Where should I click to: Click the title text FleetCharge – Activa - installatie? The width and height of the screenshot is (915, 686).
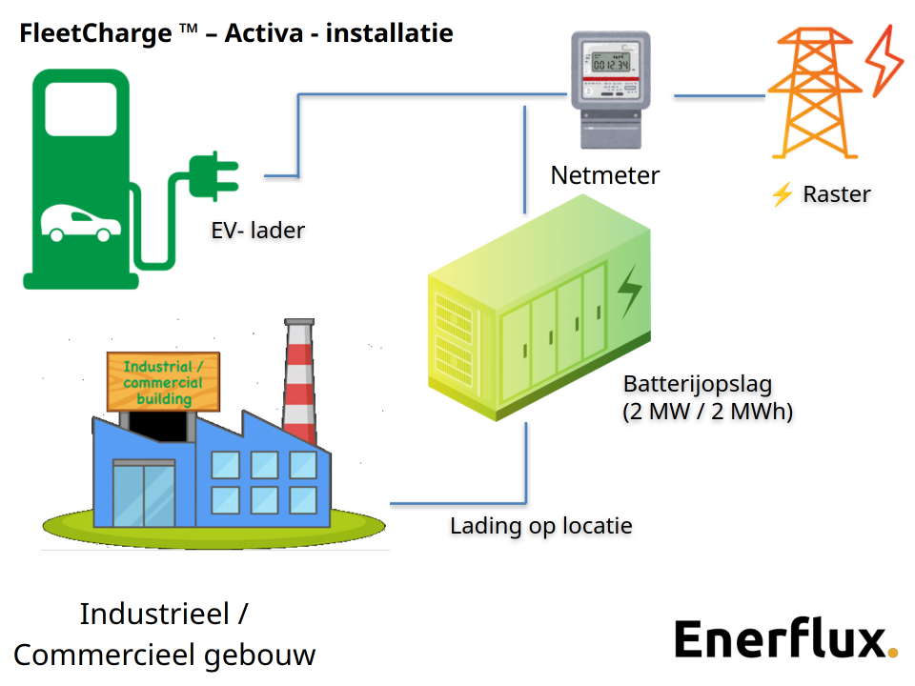point(236,34)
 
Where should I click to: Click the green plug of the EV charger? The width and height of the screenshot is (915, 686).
point(212,176)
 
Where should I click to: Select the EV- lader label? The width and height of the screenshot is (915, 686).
point(258,231)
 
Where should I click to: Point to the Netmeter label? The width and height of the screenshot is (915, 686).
point(605,175)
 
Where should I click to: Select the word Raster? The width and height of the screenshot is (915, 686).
point(837,194)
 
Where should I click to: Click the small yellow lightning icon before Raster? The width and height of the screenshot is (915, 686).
point(783,195)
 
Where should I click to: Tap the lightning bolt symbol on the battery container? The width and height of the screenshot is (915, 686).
point(629,292)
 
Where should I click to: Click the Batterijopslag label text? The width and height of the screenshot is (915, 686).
point(698,385)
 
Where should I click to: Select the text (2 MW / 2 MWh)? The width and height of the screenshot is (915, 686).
point(708,413)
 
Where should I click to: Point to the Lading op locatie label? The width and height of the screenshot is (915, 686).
point(541,526)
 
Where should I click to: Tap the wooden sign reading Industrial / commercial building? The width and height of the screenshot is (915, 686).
point(164,382)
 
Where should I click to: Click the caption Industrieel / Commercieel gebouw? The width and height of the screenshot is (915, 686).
point(164,635)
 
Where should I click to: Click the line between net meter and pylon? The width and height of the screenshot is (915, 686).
point(720,96)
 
